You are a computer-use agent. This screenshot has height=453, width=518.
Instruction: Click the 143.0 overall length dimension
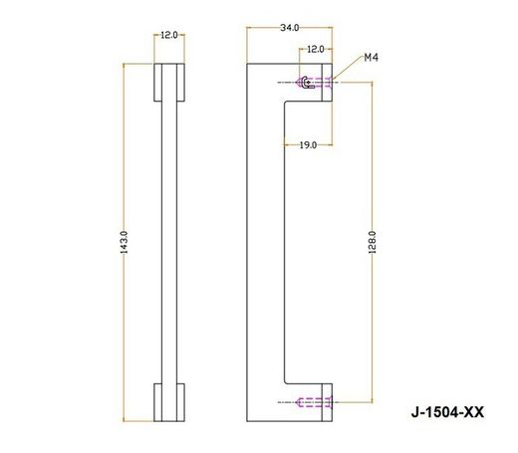coord(124,243)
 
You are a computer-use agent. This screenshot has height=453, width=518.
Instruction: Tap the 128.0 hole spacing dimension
coord(373,243)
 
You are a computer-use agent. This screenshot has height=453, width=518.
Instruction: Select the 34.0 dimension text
coord(290,28)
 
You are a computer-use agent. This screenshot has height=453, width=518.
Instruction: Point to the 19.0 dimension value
coord(308,145)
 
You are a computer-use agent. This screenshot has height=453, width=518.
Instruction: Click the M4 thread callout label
coord(371,58)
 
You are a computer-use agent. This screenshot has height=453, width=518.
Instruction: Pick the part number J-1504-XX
coord(447,412)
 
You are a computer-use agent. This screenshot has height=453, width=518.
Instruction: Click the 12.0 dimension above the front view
coord(169,35)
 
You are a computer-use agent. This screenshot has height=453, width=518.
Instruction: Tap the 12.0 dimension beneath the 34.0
coord(316,49)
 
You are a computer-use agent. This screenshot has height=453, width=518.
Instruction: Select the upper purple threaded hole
coord(314,82)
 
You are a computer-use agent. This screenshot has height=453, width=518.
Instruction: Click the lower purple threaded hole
coord(314,402)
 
